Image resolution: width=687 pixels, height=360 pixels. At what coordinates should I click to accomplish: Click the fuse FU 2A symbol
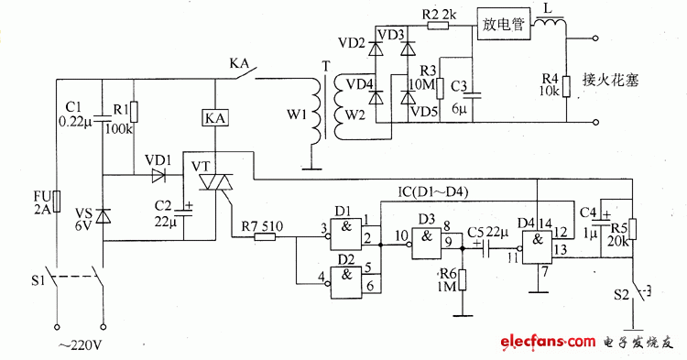tap(57, 201)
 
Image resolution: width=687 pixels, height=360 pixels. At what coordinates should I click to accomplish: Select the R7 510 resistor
tap(265, 237)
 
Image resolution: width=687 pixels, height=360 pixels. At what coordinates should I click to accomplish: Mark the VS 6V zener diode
tap(103, 216)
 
